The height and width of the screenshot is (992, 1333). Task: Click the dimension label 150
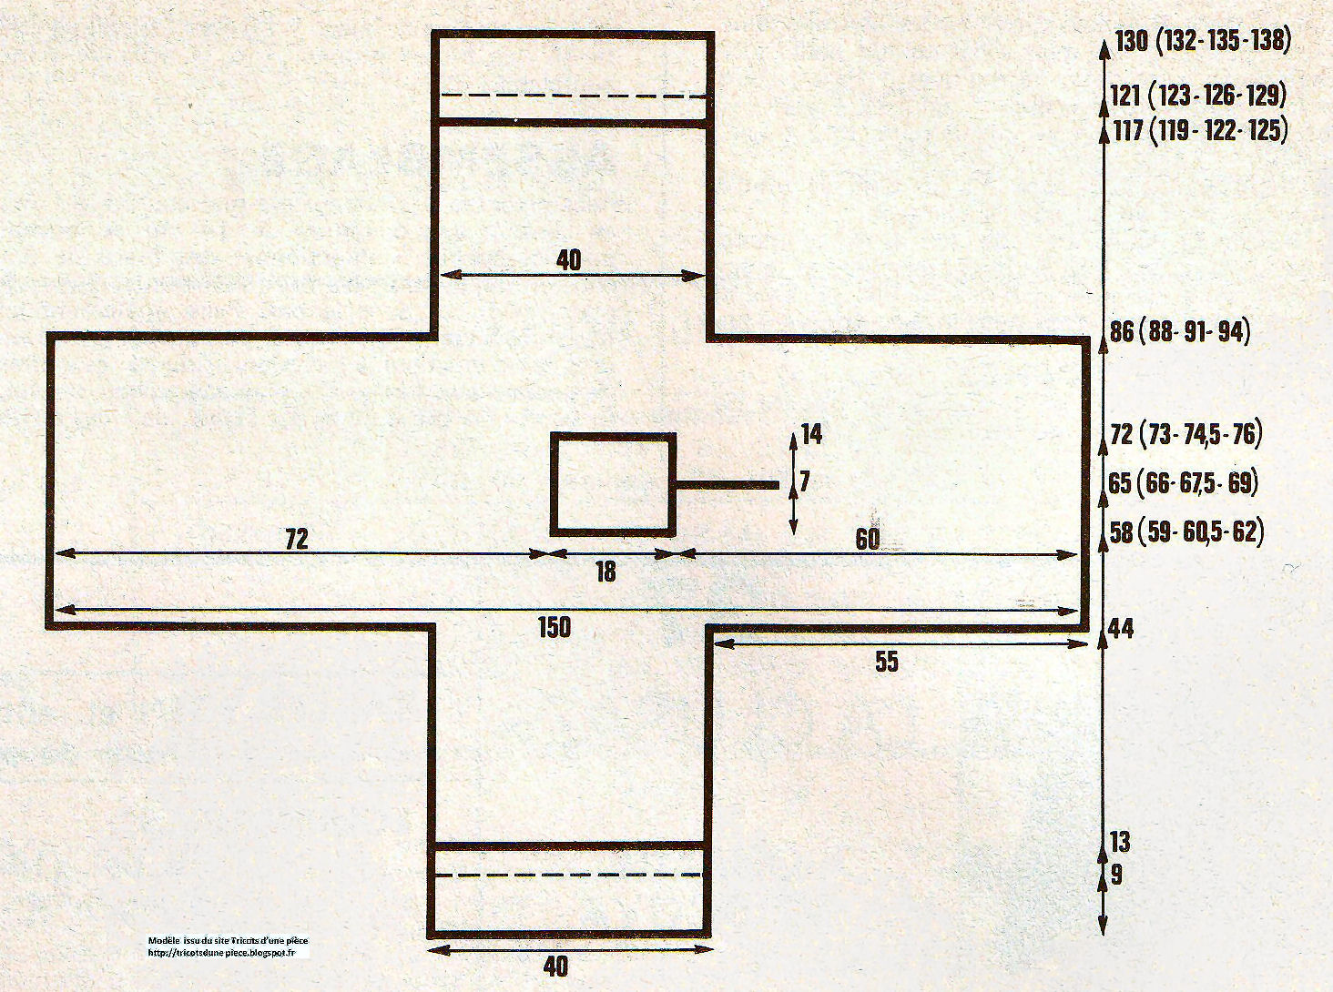pyautogui.click(x=555, y=628)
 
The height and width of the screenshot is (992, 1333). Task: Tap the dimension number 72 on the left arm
pyautogui.click(x=297, y=539)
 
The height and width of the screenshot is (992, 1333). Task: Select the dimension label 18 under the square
pyautogui.click(x=605, y=572)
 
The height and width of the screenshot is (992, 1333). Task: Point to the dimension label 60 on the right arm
pyautogui.click(x=867, y=539)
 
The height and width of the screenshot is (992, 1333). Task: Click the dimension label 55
pyautogui.click(x=887, y=662)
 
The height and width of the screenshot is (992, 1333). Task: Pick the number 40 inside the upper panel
pyautogui.click(x=568, y=260)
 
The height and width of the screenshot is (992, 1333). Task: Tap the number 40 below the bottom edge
pyautogui.click(x=555, y=967)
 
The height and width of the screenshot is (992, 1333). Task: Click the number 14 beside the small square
pyautogui.click(x=812, y=434)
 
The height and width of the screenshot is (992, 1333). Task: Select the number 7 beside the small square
pyautogui.click(x=805, y=481)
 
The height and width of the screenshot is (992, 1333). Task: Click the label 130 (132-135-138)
pyautogui.click(x=1203, y=42)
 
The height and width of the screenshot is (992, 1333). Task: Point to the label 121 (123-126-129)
pyautogui.click(x=1198, y=95)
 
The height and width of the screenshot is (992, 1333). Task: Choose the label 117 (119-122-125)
pyautogui.click(x=1199, y=131)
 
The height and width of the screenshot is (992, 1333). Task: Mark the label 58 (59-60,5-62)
pyautogui.click(x=1186, y=532)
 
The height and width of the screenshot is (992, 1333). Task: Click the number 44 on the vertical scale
pyautogui.click(x=1121, y=629)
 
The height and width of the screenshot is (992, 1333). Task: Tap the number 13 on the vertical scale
pyautogui.click(x=1119, y=842)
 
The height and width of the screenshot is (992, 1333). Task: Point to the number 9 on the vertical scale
pyautogui.click(x=1116, y=876)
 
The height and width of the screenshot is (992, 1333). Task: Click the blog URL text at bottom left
pyautogui.click(x=222, y=952)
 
